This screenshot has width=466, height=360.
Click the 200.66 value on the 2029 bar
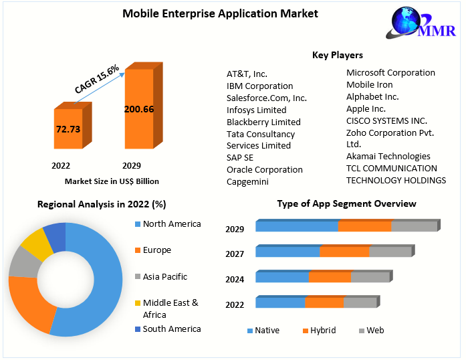pos(138,109)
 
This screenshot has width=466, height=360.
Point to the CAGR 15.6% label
pos(98,79)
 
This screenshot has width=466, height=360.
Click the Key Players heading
pos(337,55)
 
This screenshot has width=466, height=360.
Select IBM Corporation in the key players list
pos(259,86)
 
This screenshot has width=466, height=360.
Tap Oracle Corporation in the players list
pos(264,169)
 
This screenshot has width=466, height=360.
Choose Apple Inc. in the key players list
pos(366,108)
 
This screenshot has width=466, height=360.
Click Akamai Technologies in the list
pos(388,156)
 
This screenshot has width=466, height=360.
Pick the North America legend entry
pos(171,224)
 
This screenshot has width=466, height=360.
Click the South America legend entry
pos(171,329)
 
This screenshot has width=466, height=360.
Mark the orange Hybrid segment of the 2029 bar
pos(364,226)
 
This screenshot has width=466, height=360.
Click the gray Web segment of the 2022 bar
pos(360,302)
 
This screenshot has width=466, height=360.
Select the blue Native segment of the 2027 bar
pos(287,252)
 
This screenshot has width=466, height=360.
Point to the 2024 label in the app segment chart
pos(235,280)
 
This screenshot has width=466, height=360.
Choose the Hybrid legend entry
pos(323,331)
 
